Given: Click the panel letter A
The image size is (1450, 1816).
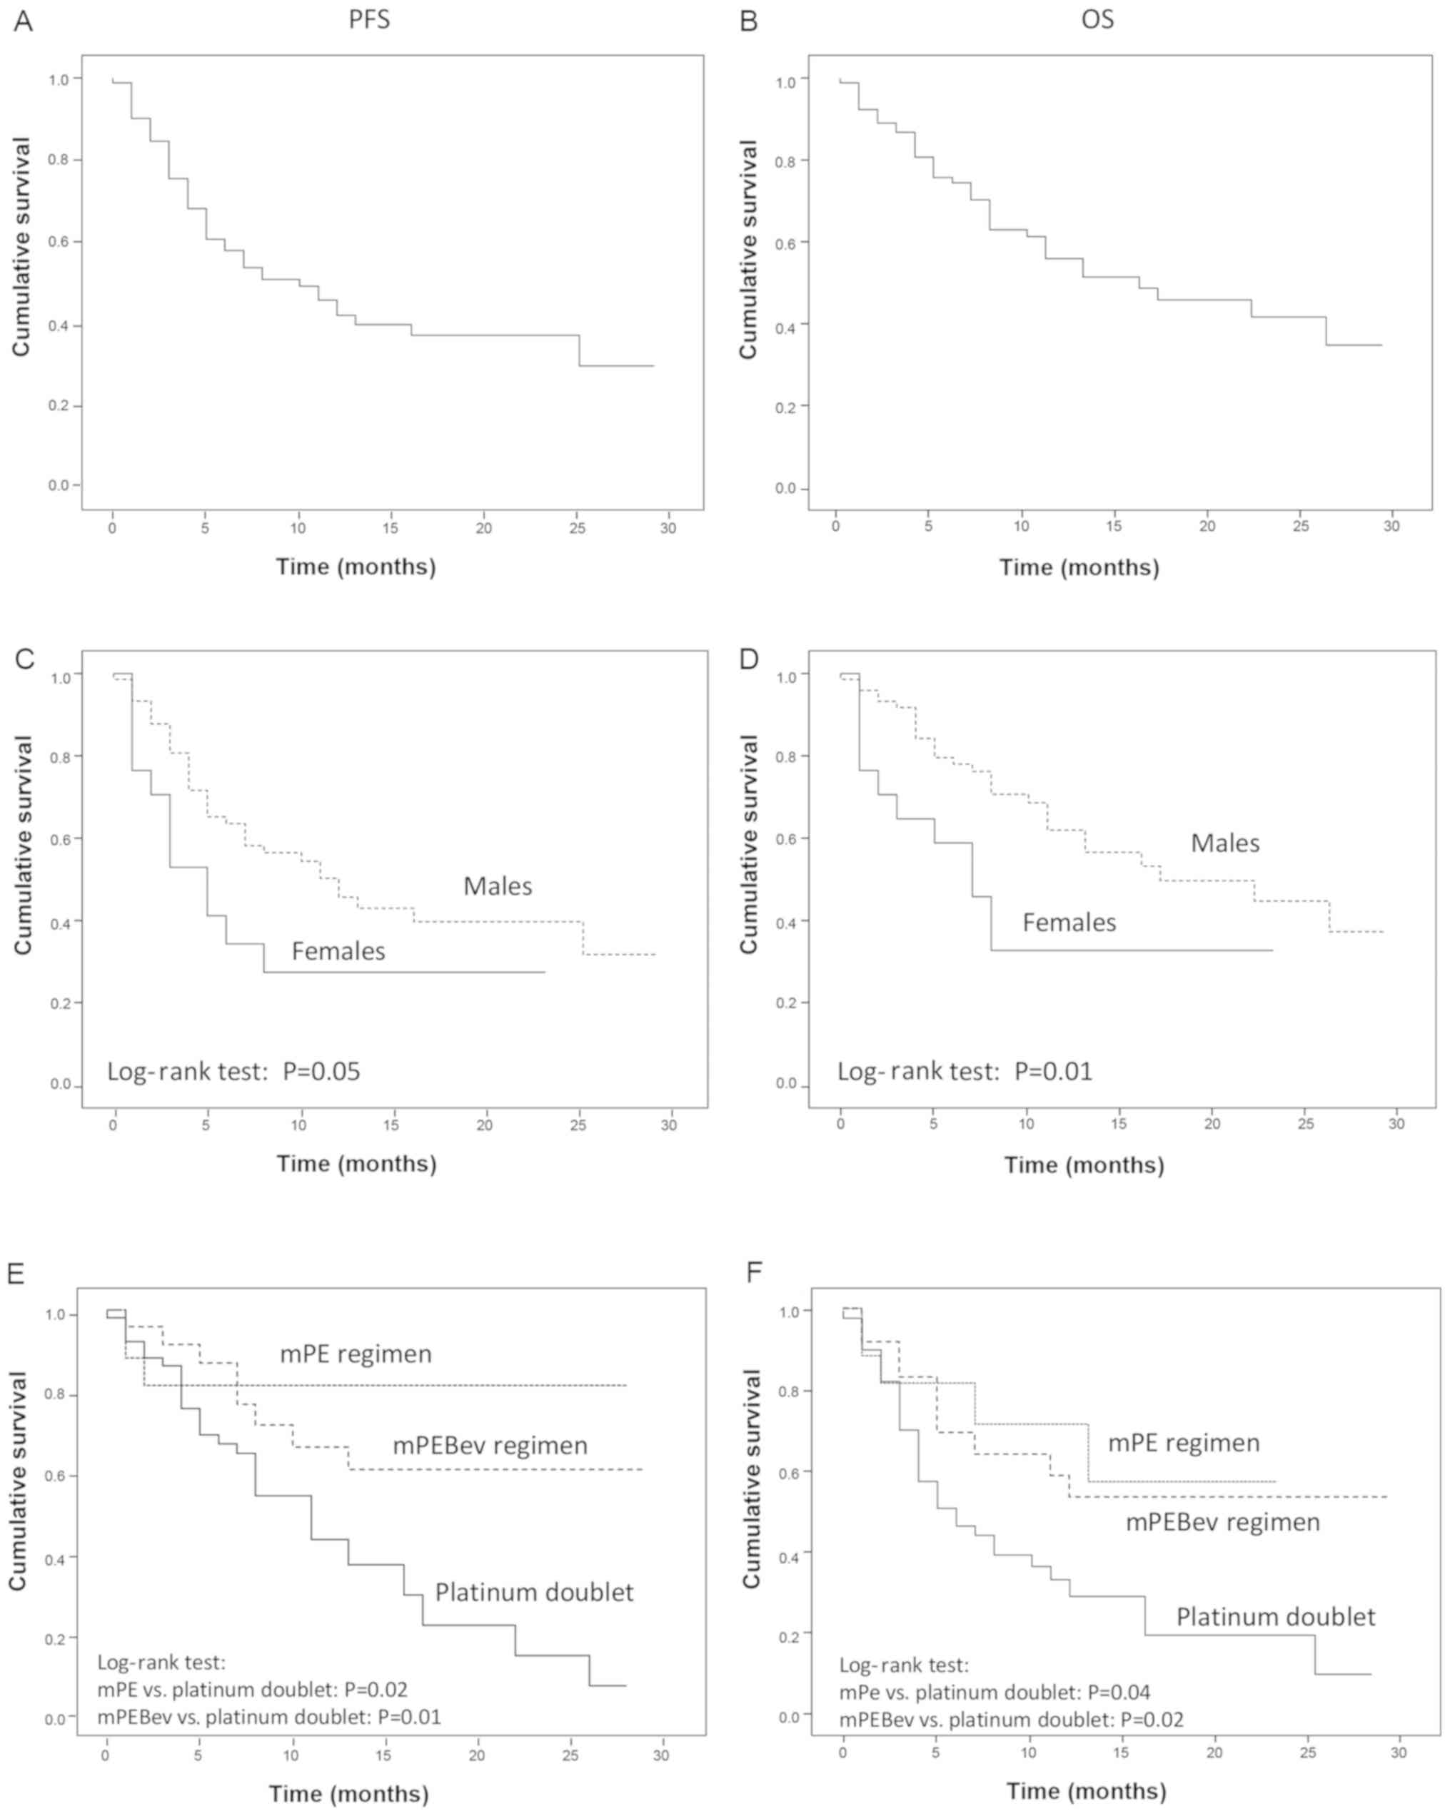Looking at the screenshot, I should [x=23, y=20].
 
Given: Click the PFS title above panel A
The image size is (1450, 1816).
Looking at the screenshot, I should [x=369, y=19].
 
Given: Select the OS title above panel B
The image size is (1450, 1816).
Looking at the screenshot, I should [x=1097, y=19].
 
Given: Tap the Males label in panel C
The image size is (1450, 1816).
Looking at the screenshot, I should [x=497, y=886].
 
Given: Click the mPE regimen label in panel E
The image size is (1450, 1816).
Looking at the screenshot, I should [x=356, y=1354].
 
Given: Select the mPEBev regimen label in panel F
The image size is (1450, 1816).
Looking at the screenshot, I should [x=1222, y=1522].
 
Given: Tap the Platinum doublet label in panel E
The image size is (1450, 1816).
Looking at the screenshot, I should [x=534, y=1592].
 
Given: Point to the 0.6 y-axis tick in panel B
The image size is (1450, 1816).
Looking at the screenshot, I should [x=785, y=243].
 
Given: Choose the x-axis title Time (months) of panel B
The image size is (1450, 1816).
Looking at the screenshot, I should [x=1079, y=568].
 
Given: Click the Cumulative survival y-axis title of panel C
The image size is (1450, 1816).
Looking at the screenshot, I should [x=23, y=845].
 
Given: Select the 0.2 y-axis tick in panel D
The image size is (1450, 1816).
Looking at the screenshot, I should [x=785, y=1003].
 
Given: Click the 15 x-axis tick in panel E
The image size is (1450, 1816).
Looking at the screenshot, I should [x=383, y=1755].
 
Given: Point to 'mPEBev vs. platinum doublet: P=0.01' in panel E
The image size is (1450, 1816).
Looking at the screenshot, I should [x=268, y=1717].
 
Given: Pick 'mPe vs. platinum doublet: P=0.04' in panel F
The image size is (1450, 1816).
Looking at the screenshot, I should [x=995, y=1692].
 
